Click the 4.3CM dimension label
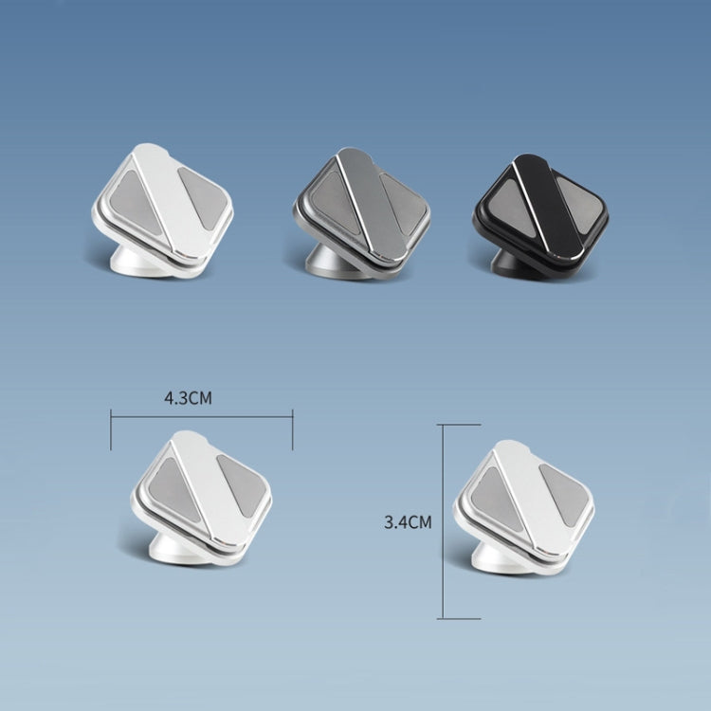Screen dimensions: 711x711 [188, 397]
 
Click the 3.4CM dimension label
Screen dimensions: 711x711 [408, 522]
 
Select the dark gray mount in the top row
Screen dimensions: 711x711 [361, 212]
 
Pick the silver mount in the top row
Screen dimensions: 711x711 [162, 210]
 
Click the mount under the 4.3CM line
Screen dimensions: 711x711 [201, 498]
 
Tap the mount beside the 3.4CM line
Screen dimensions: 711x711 [523, 507]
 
